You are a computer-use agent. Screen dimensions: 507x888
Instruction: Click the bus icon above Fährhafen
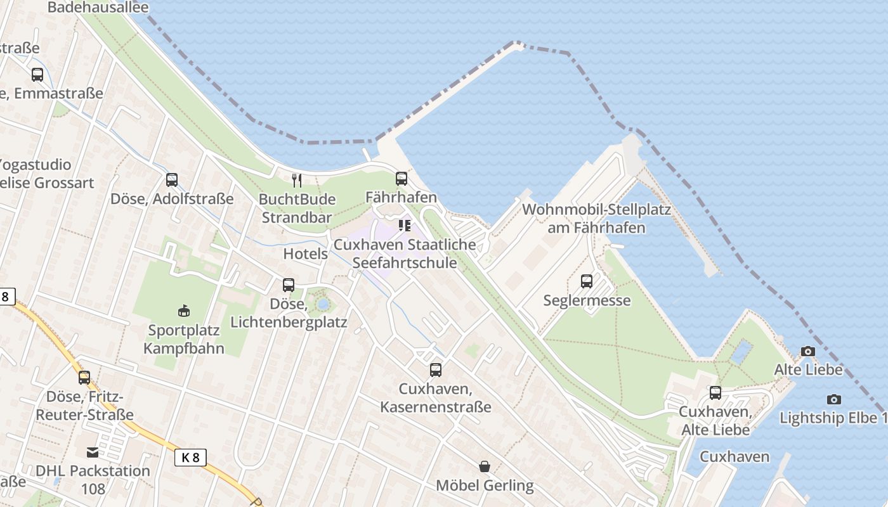[x=401, y=179]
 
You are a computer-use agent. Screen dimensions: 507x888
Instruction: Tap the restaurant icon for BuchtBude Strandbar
[x=297, y=181]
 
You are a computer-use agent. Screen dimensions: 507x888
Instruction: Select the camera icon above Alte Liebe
[x=807, y=351]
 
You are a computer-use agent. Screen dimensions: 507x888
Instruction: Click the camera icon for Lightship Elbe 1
[x=834, y=399]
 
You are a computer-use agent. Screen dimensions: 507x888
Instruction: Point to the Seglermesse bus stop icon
[x=587, y=281]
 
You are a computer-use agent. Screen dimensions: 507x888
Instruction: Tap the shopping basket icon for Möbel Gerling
[x=485, y=466]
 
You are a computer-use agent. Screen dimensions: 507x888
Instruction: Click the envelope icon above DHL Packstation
[x=93, y=452]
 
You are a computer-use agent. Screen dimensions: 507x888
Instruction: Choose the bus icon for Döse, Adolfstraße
[x=172, y=179]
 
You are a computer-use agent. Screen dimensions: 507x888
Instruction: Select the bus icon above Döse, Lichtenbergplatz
[x=289, y=285]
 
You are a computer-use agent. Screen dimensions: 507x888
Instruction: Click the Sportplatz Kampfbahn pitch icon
[x=184, y=311]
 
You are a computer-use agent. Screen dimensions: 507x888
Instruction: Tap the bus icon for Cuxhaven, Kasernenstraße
[x=435, y=369]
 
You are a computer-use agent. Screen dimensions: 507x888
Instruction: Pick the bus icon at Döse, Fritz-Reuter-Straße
[x=84, y=378]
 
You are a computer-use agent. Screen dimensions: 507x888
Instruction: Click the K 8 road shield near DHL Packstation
[x=190, y=457]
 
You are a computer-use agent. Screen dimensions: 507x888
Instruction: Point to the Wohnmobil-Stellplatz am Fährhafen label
[x=596, y=219]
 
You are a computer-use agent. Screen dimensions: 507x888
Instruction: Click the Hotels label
[x=305, y=254]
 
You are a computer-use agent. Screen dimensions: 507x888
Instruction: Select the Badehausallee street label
[x=98, y=8]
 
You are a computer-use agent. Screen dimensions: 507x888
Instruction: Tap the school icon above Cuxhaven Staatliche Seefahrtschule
[x=404, y=226]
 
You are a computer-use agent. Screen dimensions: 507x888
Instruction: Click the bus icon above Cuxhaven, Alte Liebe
[x=715, y=393]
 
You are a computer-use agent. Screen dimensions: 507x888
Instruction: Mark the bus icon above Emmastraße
[x=37, y=74]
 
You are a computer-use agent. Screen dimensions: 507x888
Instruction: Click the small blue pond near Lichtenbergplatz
[x=323, y=304]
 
